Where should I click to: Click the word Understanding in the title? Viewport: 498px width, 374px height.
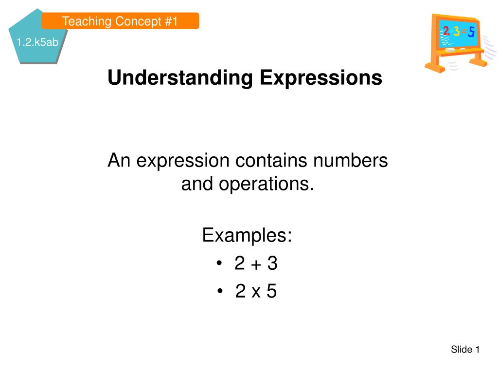180,78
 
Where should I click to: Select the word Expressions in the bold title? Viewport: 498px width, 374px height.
321,78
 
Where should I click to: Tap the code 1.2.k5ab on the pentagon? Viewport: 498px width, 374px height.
37,42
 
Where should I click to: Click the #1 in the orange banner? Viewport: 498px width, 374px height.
172,21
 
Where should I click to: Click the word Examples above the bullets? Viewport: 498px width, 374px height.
247,235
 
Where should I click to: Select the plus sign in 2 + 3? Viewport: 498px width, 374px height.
256,264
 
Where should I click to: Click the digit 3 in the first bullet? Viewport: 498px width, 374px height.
272,263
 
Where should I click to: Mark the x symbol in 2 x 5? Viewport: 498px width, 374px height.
256,292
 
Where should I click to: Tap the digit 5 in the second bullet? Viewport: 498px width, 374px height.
271,291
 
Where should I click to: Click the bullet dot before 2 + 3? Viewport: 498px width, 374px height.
219,263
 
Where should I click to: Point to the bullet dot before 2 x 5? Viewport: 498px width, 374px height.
220,291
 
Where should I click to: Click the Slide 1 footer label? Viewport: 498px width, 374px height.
465,350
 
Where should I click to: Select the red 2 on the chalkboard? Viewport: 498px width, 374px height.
446,31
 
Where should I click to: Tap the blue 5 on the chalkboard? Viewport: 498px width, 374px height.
471,32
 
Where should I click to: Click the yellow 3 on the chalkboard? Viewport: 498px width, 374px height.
456,31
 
